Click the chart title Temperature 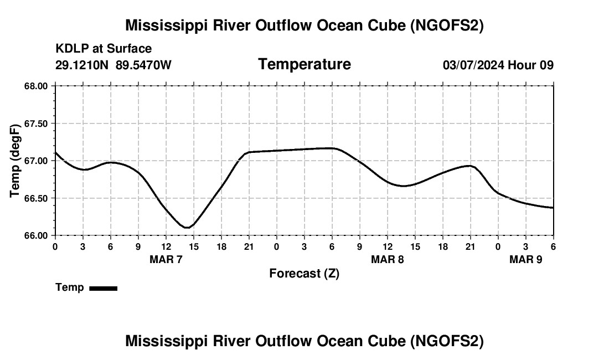coord(304,64)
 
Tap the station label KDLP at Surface coord(104,49)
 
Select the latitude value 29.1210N coord(83,65)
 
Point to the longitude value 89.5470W coord(144,65)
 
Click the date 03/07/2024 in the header coord(473,65)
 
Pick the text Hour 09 coord(531,65)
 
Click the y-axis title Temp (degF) coord(16,160)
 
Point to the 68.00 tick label coord(36,86)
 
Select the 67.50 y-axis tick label coord(36,124)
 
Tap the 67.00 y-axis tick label coord(36,161)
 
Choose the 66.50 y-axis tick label coord(36,198)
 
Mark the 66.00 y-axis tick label coord(36,235)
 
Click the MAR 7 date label coord(166,259)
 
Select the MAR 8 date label coord(388,259)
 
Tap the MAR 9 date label coord(526,259)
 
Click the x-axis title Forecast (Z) coord(304,273)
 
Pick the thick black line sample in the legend coord(103,288)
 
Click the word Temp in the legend coord(70,287)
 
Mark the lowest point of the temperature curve coord(187,227)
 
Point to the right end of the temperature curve coord(553,208)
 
